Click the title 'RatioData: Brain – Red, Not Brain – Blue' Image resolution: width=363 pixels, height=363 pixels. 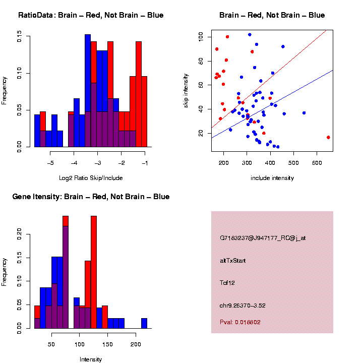pyautogui.click(x=91, y=15)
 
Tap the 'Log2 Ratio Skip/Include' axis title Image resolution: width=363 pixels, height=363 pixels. pyautogui.click(x=90, y=178)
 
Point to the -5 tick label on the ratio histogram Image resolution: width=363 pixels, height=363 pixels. pyautogui.click(x=50, y=163)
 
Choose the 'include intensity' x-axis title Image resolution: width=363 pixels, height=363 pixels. pyautogui.click(x=272, y=178)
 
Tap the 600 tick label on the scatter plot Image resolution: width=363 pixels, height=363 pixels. pyautogui.click(x=317, y=163)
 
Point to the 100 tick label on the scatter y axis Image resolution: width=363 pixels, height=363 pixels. pyautogui.click(x=200, y=37)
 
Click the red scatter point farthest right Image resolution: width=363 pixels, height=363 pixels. pyautogui.click(x=328, y=137)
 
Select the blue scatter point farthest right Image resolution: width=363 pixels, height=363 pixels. pyautogui.click(x=304, y=113)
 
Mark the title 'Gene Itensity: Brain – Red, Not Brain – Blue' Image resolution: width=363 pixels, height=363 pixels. pyautogui.click(x=91, y=197)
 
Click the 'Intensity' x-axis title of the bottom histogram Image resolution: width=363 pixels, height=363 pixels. pyautogui.click(x=90, y=359)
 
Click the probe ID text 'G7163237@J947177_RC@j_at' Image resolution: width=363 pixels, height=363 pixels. pyautogui.click(x=262, y=238)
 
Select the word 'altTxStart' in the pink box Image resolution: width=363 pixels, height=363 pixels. pyautogui.click(x=232, y=261)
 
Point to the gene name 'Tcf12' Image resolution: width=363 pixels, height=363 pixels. pyautogui.click(x=227, y=283)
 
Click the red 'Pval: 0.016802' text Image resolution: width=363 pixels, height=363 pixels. pyautogui.click(x=240, y=322)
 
